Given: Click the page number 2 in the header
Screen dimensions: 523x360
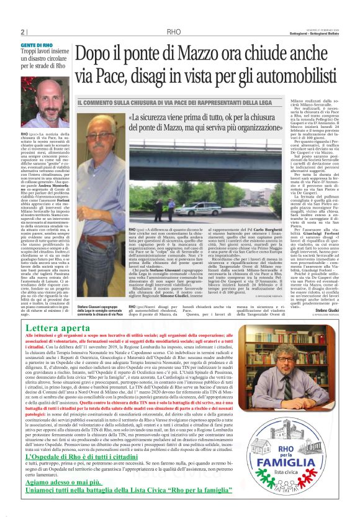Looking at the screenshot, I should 22,32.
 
